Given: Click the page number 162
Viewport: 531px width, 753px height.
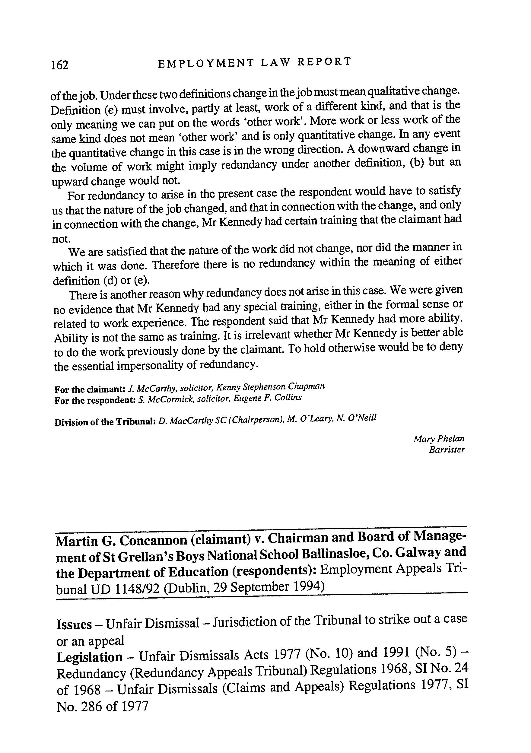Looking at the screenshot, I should [x=60, y=65].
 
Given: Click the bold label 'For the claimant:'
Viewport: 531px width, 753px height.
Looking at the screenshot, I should [x=90, y=389].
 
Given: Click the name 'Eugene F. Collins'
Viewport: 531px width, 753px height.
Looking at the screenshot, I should [x=267, y=398].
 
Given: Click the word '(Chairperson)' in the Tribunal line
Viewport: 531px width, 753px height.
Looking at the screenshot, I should [x=256, y=419].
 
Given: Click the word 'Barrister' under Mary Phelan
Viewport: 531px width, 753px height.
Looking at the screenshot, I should [x=447, y=450].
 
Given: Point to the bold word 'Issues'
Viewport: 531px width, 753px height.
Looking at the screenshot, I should [x=74, y=624].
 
